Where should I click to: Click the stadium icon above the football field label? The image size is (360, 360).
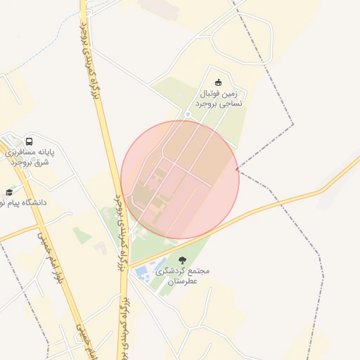tap(217, 82)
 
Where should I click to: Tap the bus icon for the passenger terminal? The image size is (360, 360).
tap(29, 141)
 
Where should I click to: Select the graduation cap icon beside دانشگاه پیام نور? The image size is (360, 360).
tap(9, 192)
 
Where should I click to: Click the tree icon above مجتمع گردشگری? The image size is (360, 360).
tap(183, 260)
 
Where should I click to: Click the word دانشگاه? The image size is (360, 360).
tap(31, 202)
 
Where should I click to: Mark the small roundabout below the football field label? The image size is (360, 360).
tap(188, 115)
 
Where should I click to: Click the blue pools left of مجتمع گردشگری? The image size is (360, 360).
tap(141, 271)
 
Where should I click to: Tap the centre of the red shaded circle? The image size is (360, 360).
tap(180, 179)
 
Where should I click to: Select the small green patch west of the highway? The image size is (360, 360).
tap(82, 236)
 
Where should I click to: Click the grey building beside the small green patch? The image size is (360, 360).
tap(101, 247)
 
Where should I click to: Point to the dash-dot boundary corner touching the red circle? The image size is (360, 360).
tap(237, 169)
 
